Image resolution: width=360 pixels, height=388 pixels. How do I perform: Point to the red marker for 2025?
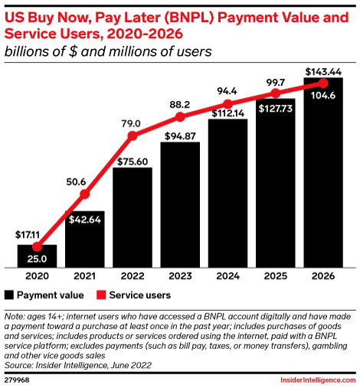[276, 94]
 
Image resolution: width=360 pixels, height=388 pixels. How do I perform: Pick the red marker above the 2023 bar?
[180, 117]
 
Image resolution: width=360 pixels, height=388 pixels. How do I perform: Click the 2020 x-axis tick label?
[37, 277]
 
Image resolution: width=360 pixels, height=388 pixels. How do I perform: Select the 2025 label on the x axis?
[276, 277]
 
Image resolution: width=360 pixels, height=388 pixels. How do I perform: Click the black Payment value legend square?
[9, 294]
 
